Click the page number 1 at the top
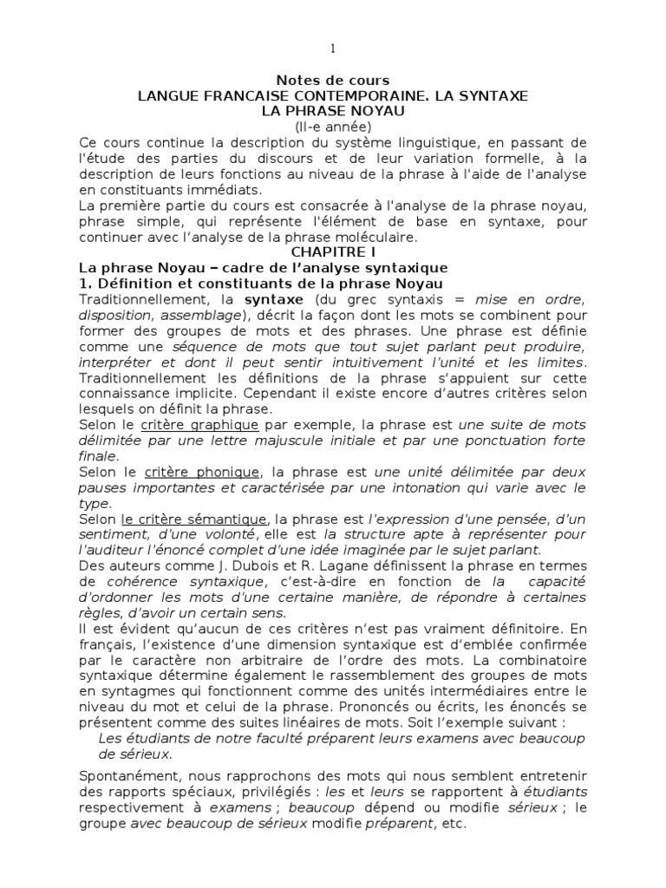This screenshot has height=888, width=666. [x=333, y=47]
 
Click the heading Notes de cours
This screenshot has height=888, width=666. [x=332, y=81]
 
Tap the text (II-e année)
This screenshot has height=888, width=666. [x=332, y=126]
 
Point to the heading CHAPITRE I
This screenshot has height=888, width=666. [x=333, y=252]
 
